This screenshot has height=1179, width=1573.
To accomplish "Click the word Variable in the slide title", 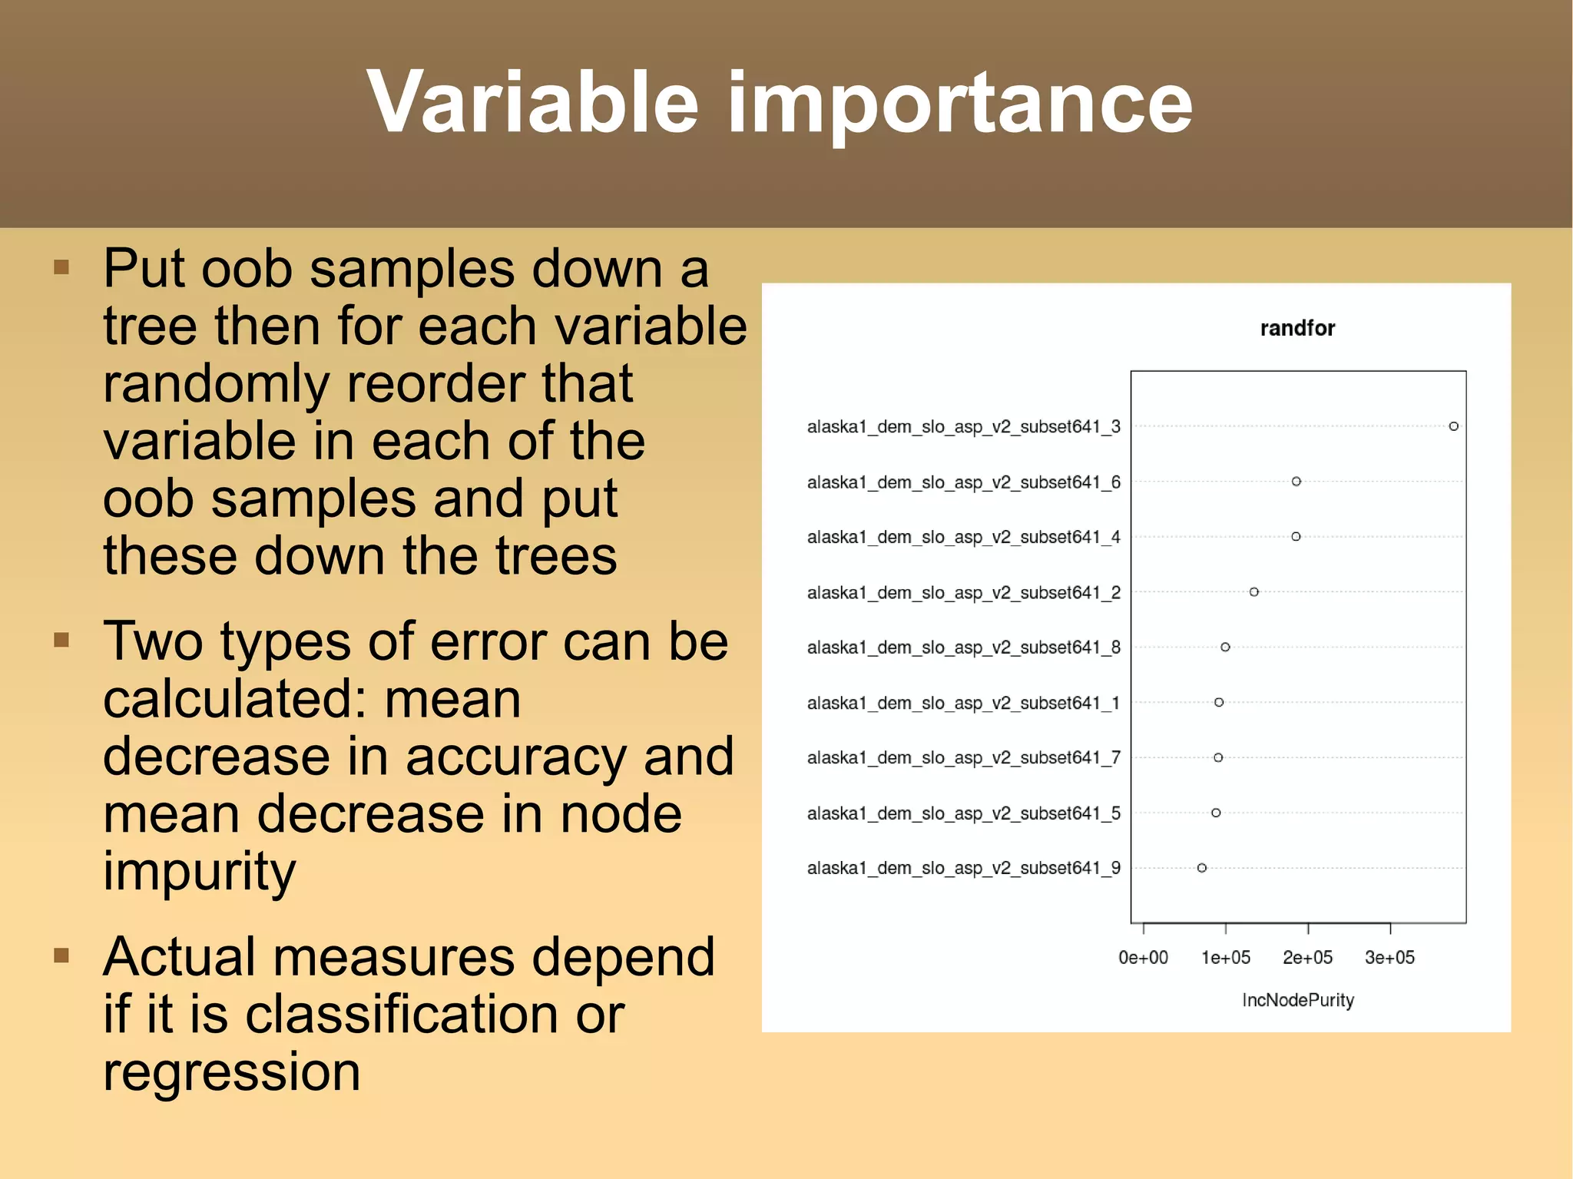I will (x=532, y=102).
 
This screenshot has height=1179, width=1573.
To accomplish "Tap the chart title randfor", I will (x=1297, y=329).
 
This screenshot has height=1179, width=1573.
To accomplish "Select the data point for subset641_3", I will (x=1453, y=426).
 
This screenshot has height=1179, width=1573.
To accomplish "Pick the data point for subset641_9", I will (x=1202, y=868).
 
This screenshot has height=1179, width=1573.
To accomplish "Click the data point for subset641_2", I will (x=1254, y=592).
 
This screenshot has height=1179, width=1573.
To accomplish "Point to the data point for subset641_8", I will (x=1226, y=647).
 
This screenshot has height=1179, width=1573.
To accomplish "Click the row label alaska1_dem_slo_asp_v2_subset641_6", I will (x=963, y=482).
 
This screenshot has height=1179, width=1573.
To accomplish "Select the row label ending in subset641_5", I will (x=963, y=813).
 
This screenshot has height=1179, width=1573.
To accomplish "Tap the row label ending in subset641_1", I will (x=963, y=703).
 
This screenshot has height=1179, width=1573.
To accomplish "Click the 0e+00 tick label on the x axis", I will (x=1143, y=958).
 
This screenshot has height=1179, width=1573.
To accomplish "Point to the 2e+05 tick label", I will (x=1307, y=958).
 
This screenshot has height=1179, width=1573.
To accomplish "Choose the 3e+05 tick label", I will (x=1389, y=958).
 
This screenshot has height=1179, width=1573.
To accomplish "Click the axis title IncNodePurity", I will (x=1298, y=1000).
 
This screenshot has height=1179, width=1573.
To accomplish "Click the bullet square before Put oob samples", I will (x=62, y=267).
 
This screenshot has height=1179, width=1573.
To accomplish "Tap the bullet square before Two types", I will (x=62, y=640).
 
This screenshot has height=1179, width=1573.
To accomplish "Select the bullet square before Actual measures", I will (x=62, y=955).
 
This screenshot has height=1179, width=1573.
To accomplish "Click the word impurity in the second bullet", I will (x=199, y=873).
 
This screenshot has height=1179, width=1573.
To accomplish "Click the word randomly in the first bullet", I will (x=216, y=383).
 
